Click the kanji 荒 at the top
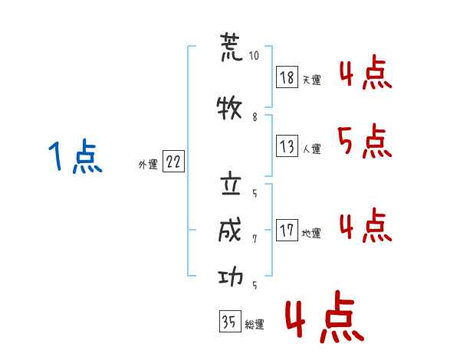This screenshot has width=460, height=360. coord(232,47)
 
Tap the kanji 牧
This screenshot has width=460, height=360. coord(229,108)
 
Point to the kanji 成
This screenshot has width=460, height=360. coord(230,230)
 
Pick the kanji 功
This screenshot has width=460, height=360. coord(231,277)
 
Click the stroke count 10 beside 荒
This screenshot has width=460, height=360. coord(254,55)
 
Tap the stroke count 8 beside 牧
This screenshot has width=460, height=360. coord(255,117)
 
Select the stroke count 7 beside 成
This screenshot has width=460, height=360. coord(255,239)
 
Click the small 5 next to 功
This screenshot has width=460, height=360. coord(255,285)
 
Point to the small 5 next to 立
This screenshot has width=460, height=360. coord(255,193)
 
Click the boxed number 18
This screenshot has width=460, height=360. coord(287,77)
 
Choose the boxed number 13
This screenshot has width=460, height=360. coord(287,146)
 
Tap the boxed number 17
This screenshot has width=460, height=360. coord(287,230)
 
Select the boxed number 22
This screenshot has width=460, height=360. coord(173,162)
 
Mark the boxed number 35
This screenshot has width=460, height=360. coord(230,321)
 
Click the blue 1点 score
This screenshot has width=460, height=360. coord(75,156)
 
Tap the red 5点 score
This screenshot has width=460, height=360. coord(365,141)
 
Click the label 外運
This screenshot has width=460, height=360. coord(148,165)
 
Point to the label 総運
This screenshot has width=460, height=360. coord(255,325)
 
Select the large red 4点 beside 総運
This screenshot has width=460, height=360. coord(325,316)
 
